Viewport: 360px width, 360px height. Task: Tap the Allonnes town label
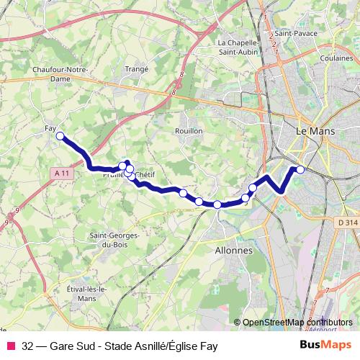235,251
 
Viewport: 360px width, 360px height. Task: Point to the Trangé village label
136,68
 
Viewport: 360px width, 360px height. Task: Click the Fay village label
50,128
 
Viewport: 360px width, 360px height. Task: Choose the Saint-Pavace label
292,32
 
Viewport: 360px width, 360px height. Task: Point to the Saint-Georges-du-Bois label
114,240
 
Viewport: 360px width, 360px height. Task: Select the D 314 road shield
347,222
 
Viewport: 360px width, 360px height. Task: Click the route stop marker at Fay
60,135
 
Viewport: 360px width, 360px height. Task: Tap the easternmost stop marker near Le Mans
300,170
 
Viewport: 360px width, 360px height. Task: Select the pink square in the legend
10,346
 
